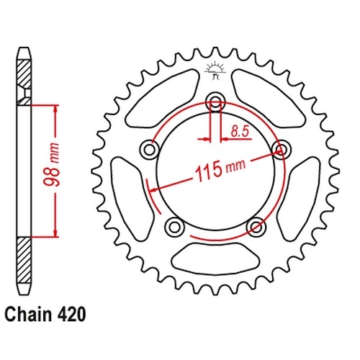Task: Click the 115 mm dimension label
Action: [x=220, y=170]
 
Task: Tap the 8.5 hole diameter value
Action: [x=240, y=132]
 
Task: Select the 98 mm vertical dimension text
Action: [x=52, y=165]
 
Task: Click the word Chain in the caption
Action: [x=28, y=314]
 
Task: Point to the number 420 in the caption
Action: [x=71, y=314]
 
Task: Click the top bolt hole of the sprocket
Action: [x=215, y=102]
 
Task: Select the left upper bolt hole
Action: [x=149, y=150]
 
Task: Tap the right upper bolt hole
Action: [x=282, y=150]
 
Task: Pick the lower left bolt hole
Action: [x=175, y=227]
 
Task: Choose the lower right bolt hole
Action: [x=256, y=227]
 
